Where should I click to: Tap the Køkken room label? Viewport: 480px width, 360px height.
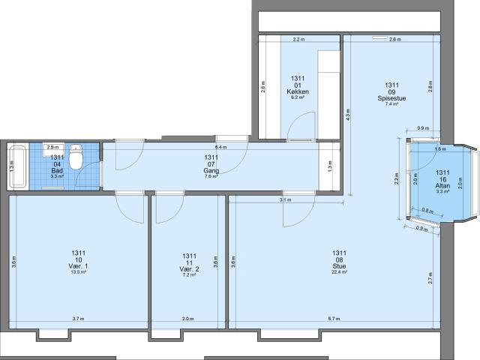click(298, 91)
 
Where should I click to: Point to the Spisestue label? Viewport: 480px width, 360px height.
click(391, 98)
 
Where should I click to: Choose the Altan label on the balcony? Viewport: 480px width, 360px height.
click(442, 184)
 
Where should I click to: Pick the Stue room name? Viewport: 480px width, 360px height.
click(339, 265)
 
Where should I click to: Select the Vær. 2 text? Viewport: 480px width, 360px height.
click(189, 268)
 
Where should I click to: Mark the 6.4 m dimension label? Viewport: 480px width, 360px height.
click(220, 148)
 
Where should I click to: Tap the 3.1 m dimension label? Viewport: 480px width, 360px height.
click(286, 200)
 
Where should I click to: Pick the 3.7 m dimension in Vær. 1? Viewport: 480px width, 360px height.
click(78, 319)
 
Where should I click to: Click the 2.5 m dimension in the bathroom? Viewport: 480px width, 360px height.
click(52, 148)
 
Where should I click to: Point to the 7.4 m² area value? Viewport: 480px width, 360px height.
click(391, 104)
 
